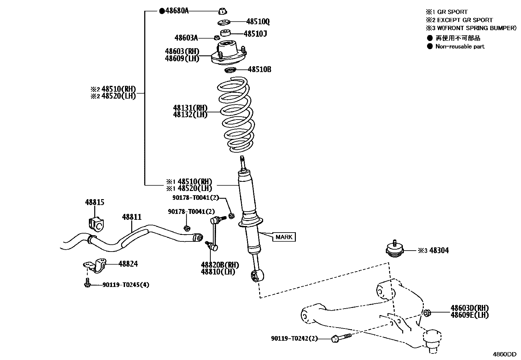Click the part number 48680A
pyautogui.click(x=177, y=11)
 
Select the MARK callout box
pyautogui.click(x=284, y=237)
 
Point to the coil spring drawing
pyautogui.click(x=235, y=115)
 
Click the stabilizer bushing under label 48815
pyautogui.click(x=96, y=223)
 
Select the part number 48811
pyautogui.click(x=132, y=217)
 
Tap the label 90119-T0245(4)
pyautogui.click(x=126, y=285)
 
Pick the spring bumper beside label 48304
pyautogui.click(x=394, y=251)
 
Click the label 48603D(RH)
pyautogui.click(x=469, y=308)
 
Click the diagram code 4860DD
pyautogui.click(x=505, y=354)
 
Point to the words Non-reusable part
pyautogui.click(x=459, y=47)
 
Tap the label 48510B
pyautogui.click(x=259, y=69)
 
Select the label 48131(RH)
pyautogui.click(x=190, y=108)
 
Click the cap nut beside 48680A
pyautogui.click(x=222, y=11)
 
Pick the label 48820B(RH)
pyautogui.click(x=220, y=265)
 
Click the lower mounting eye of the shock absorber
pyautogui.click(x=256, y=276)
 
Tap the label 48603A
pyautogui.click(x=186, y=38)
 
